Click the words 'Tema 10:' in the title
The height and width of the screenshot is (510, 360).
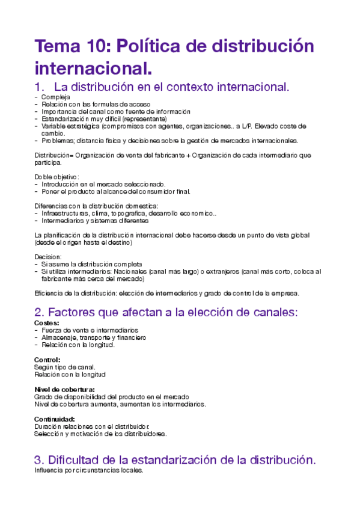click(x=70, y=46)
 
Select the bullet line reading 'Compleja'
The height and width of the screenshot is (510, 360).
click(x=55, y=97)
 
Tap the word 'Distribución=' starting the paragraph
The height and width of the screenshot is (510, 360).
click(x=54, y=155)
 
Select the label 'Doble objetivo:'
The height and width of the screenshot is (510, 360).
click(x=56, y=177)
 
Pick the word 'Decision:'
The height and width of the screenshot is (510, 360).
click(x=48, y=257)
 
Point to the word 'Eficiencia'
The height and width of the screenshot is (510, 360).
click(x=49, y=293)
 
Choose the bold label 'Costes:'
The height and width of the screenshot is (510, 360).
click(x=47, y=323)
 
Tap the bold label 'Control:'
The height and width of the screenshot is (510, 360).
click(x=47, y=360)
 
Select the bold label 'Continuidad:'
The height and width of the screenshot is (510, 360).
click(x=54, y=419)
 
